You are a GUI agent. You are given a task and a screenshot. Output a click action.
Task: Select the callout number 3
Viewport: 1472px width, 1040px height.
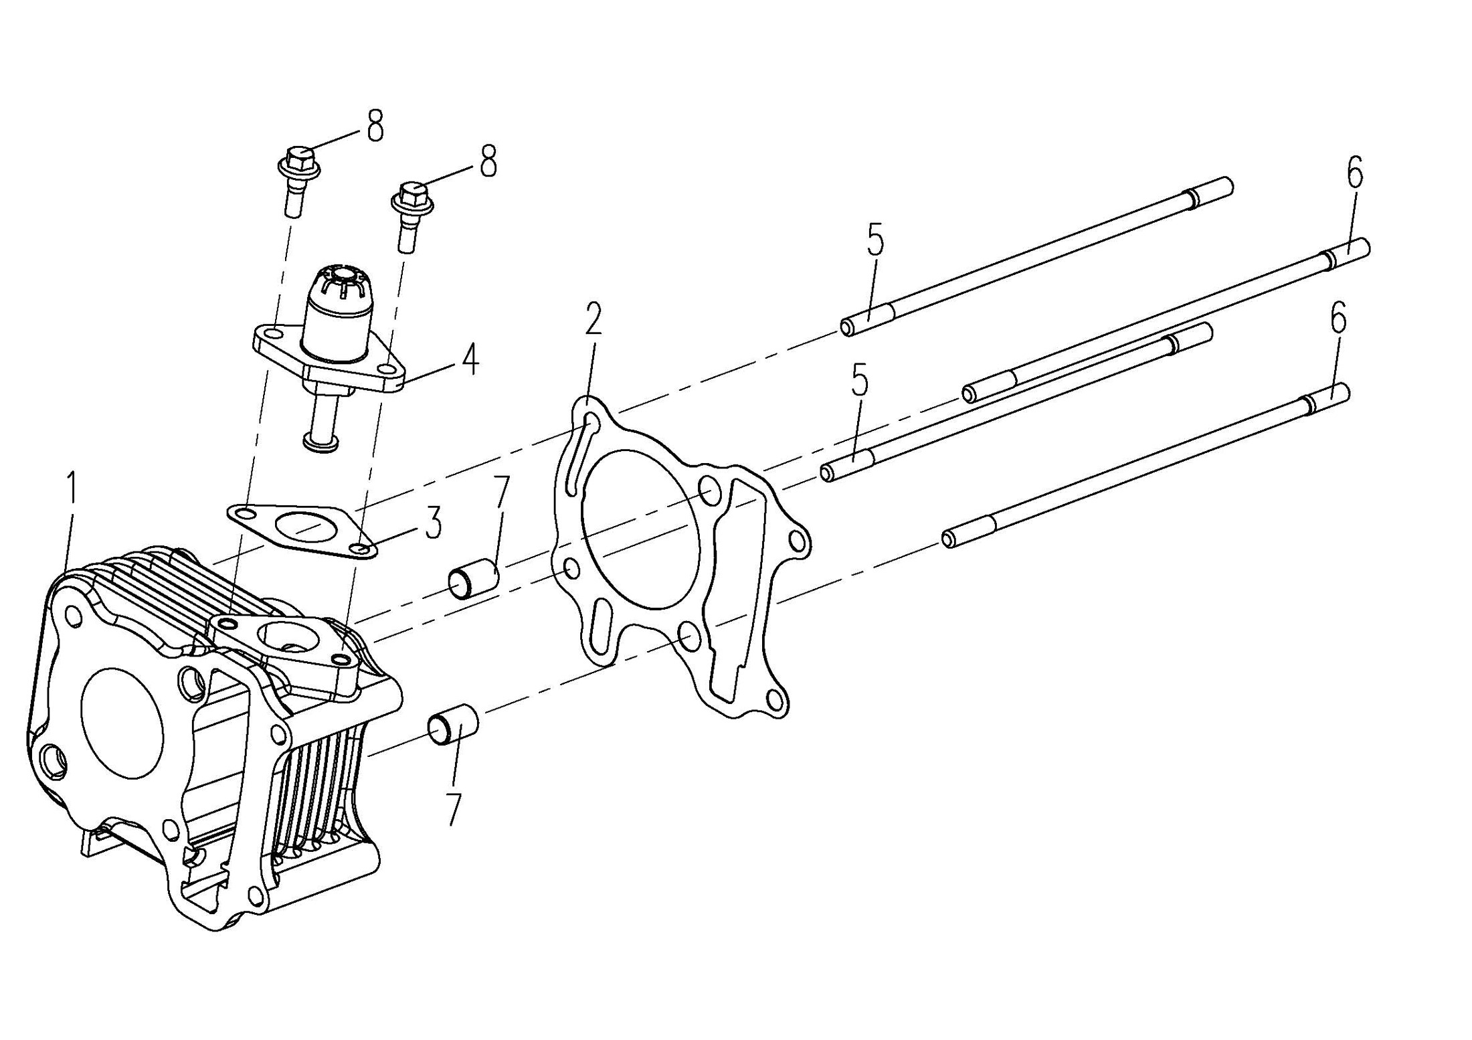[434, 523]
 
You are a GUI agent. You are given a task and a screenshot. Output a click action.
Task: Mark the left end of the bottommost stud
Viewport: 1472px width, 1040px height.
[949, 539]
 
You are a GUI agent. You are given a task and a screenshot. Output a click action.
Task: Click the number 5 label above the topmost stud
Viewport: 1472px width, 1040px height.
[875, 242]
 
